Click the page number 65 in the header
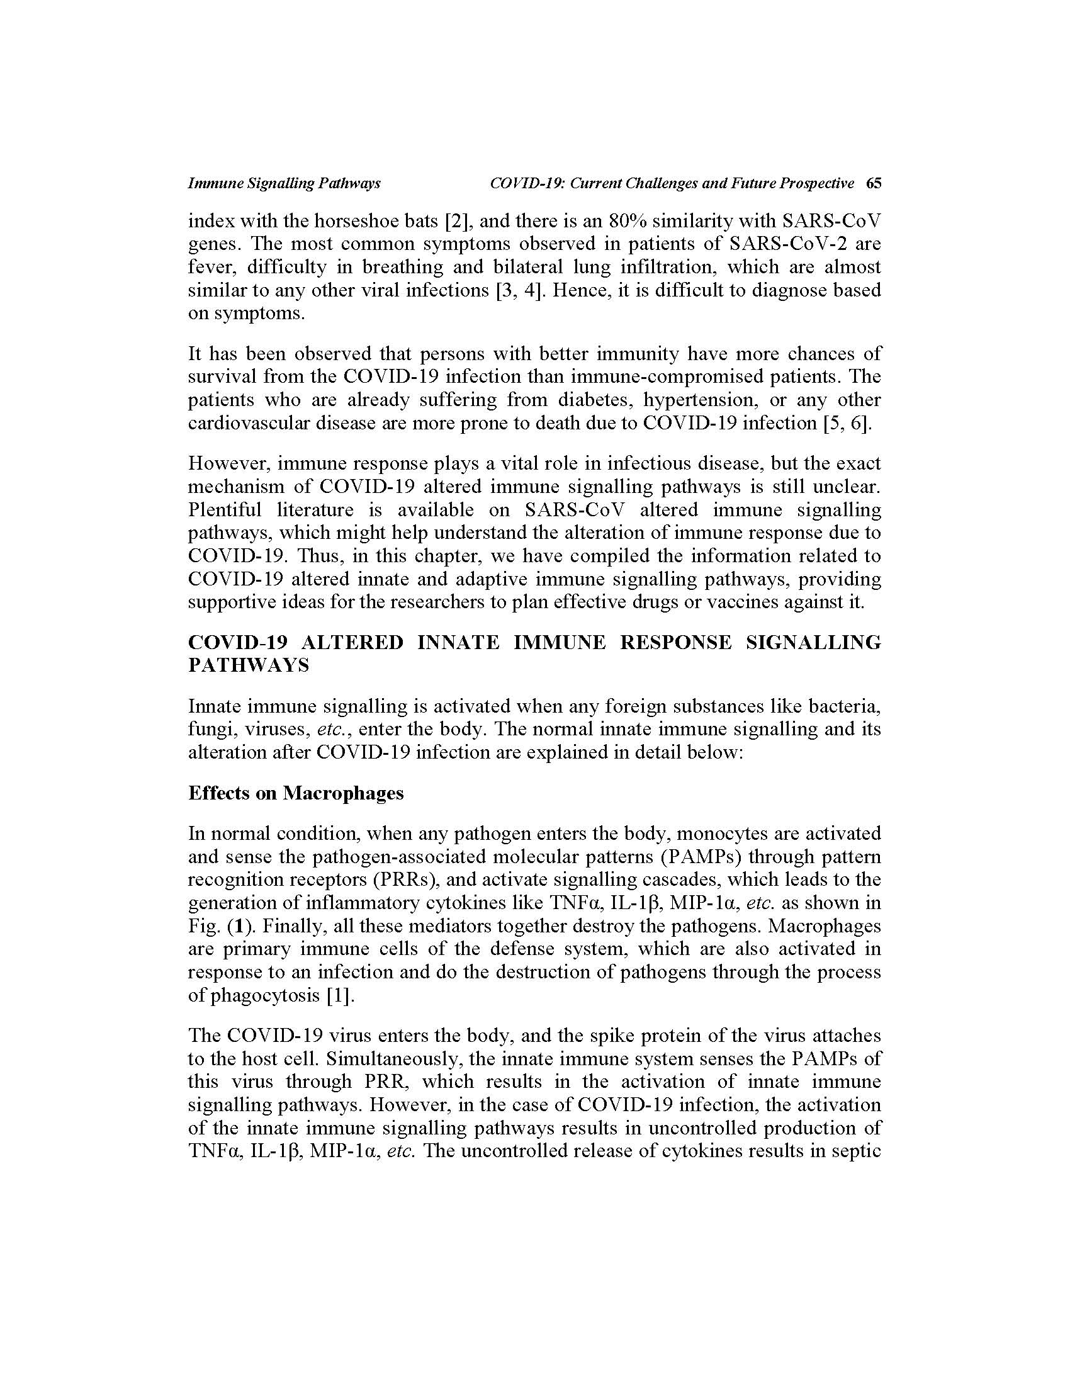click(x=874, y=183)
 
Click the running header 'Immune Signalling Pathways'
click(x=284, y=183)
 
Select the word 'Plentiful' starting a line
click(x=225, y=510)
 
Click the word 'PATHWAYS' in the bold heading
click(x=249, y=665)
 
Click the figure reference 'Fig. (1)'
click(x=219, y=926)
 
